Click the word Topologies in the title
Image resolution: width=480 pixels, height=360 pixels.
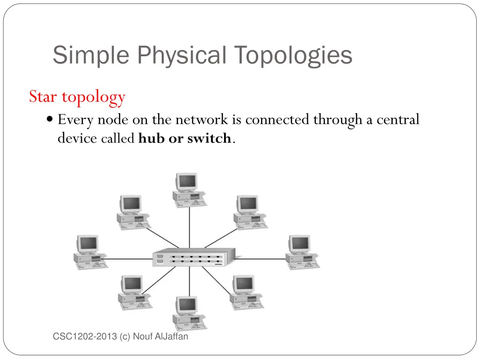tap(293, 55)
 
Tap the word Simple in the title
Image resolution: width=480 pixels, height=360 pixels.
tap(90, 55)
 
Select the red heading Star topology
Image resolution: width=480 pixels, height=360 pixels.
tap(77, 97)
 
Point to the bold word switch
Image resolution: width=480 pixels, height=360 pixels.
tap(209, 139)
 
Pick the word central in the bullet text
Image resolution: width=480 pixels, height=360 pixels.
tap(397, 120)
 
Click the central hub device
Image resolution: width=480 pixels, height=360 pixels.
tap(193, 258)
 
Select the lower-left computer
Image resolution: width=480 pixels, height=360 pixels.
tap(133, 291)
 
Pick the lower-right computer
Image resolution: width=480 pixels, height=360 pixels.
tap(246, 291)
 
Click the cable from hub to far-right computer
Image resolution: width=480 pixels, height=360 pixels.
tap(260, 258)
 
